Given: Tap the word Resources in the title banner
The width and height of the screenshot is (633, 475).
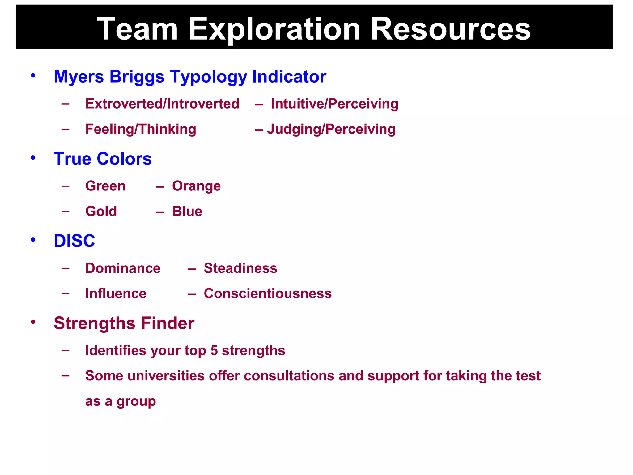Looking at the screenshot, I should (450, 29).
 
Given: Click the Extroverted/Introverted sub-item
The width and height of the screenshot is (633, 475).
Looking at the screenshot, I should (162, 104).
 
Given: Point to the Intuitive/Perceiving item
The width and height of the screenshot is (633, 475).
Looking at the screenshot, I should (334, 104).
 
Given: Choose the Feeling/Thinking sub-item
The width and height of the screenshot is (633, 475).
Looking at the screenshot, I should (141, 129).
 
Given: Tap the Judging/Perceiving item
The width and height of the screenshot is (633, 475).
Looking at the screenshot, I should (331, 129).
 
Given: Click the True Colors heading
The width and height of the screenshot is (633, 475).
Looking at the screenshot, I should (103, 159).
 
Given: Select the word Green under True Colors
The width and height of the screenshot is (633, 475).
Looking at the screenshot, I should (105, 186).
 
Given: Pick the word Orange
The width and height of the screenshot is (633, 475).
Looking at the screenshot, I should (196, 186).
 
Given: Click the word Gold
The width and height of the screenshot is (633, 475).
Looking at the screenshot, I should (101, 211).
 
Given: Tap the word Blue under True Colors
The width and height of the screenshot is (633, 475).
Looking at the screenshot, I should (187, 211).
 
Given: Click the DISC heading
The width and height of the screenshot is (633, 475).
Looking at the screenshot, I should (74, 241).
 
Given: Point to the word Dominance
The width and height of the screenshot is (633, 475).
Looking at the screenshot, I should (123, 268).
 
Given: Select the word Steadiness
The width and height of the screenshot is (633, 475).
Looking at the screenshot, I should (240, 268).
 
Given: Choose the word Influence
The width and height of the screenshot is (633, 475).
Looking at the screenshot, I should (116, 293).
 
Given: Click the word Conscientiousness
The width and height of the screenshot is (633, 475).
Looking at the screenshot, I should (268, 293).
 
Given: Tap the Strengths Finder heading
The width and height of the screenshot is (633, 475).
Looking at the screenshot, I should (124, 323).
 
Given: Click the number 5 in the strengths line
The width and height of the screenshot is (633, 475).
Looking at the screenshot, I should (214, 350).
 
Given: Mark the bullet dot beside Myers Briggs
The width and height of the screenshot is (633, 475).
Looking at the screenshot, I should (33, 75).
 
